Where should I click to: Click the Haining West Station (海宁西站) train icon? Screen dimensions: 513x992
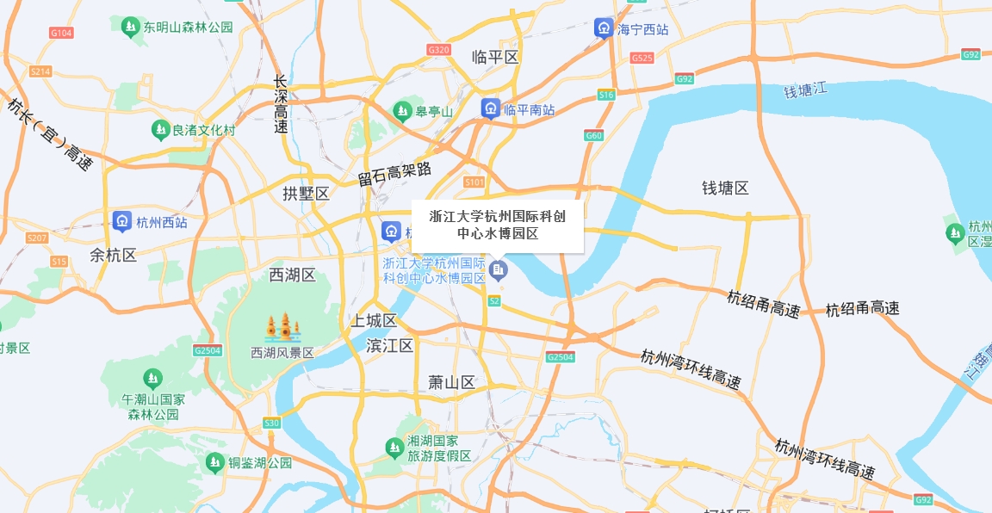(x=604, y=28)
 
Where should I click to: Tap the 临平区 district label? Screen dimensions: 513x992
(x=496, y=58)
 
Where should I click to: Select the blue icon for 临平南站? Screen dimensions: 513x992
(x=490, y=108)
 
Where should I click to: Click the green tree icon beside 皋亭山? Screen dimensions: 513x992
(x=402, y=110)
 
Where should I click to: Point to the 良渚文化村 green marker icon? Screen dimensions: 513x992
(x=159, y=130)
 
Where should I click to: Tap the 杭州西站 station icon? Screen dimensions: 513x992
(x=122, y=221)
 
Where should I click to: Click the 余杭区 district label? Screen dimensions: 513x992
(x=114, y=256)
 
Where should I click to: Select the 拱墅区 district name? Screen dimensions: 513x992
(x=307, y=194)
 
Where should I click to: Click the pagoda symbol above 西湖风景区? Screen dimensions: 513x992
(x=282, y=328)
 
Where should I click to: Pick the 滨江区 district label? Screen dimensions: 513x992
(x=390, y=346)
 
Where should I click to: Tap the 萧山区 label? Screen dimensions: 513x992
(x=452, y=383)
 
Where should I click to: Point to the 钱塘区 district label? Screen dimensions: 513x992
(x=725, y=189)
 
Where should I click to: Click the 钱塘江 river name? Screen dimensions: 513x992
(x=805, y=90)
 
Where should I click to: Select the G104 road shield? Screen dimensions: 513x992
(x=62, y=33)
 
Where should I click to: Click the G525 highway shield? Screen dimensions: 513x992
(x=642, y=58)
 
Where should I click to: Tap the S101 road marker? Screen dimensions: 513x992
(x=474, y=182)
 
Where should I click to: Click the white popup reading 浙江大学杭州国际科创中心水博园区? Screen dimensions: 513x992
(x=498, y=226)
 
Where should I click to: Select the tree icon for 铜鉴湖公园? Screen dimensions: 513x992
(x=214, y=463)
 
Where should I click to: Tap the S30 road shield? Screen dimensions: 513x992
(x=272, y=423)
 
